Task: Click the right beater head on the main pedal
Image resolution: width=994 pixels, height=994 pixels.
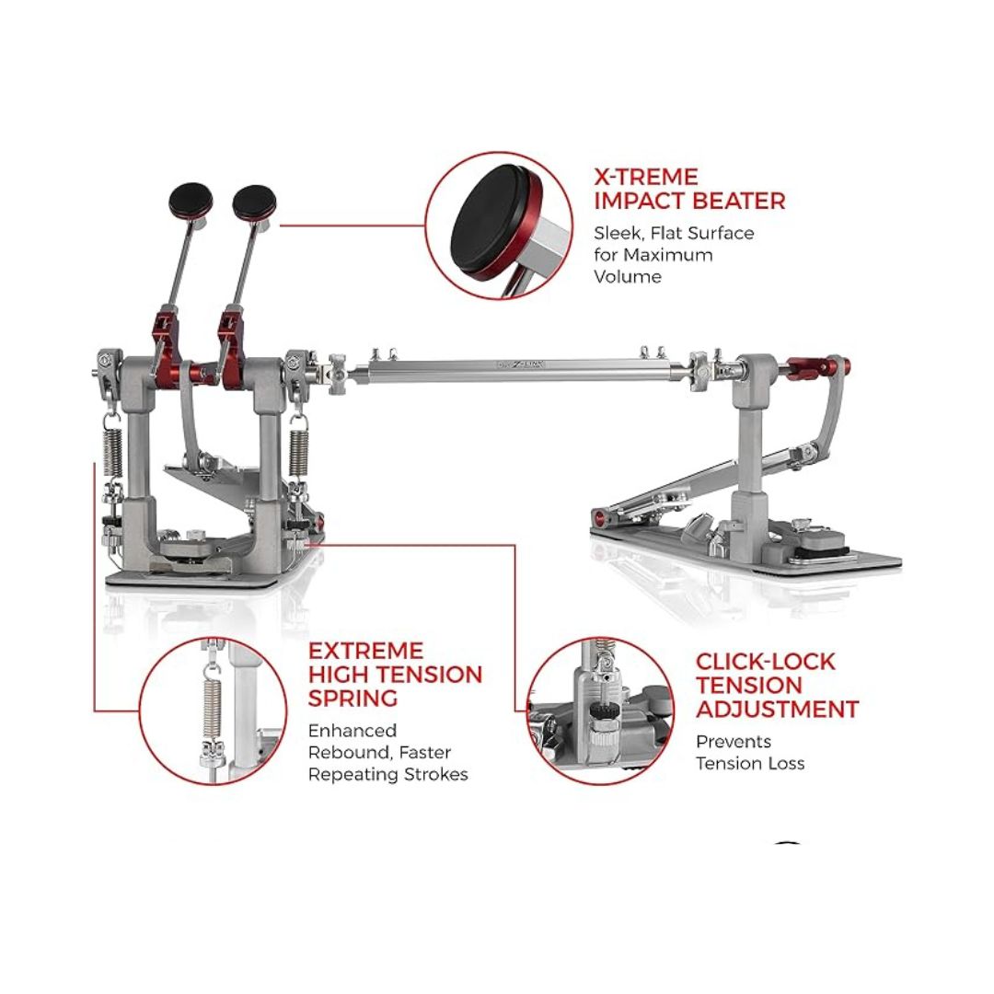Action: click(255, 202)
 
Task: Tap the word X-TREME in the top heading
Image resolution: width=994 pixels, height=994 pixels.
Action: click(645, 176)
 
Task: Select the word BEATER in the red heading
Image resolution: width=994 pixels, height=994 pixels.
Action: click(737, 201)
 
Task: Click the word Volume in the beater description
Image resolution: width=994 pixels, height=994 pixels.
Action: click(627, 276)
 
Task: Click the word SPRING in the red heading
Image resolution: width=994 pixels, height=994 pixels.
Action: click(353, 699)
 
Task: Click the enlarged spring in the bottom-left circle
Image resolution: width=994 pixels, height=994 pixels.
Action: click(211, 701)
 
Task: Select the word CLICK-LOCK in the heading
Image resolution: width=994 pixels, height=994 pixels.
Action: click(765, 662)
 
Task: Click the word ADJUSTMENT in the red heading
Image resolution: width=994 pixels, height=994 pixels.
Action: click(777, 710)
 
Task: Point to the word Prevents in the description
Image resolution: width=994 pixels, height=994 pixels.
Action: click(734, 742)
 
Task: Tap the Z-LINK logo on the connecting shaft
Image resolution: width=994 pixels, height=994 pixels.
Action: click(521, 364)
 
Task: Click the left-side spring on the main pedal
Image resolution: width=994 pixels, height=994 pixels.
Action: click(113, 451)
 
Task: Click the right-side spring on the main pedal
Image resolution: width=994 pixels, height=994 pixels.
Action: click(298, 452)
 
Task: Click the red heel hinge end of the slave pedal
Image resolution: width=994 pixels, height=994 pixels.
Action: click(598, 518)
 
